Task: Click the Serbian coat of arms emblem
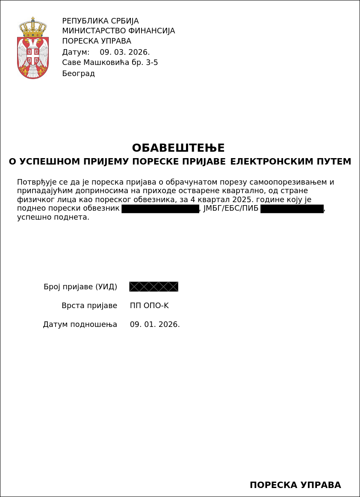33,48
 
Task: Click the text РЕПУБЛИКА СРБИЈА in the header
100,21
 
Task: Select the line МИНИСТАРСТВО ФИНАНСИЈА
118,31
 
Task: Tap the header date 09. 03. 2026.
124,52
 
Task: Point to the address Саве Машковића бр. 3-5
110,62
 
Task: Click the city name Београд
78,74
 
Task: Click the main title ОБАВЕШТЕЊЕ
178,148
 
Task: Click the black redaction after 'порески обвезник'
160,209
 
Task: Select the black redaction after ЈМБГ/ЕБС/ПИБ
292,209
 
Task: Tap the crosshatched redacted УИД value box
153,286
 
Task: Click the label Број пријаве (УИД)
80,286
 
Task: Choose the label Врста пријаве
89,306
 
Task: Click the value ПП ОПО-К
149,306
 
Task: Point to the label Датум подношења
80,324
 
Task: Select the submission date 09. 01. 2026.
155,324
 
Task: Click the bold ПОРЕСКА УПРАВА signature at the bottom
295,485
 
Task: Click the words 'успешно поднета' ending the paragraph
53,217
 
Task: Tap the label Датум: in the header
76,52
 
